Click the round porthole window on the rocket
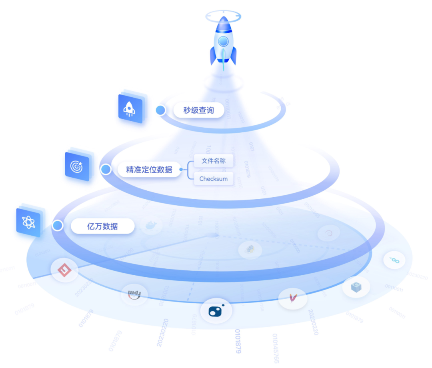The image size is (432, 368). pos(223,41)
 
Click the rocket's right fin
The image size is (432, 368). pos(233,56)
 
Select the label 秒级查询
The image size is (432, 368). pos(198,110)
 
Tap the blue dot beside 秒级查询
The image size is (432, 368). pos(161,110)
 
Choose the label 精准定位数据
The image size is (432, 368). pos(149,170)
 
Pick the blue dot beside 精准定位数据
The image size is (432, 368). pos(106,170)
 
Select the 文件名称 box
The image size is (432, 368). pos(213,161)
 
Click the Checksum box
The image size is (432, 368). pos(213,179)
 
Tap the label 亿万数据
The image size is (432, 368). pos(102,226)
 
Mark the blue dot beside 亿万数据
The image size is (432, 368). pos(58,226)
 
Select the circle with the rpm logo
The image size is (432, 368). pos(134,295)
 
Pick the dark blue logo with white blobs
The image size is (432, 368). pos(216,310)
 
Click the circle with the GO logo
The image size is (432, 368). pos(394,260)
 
